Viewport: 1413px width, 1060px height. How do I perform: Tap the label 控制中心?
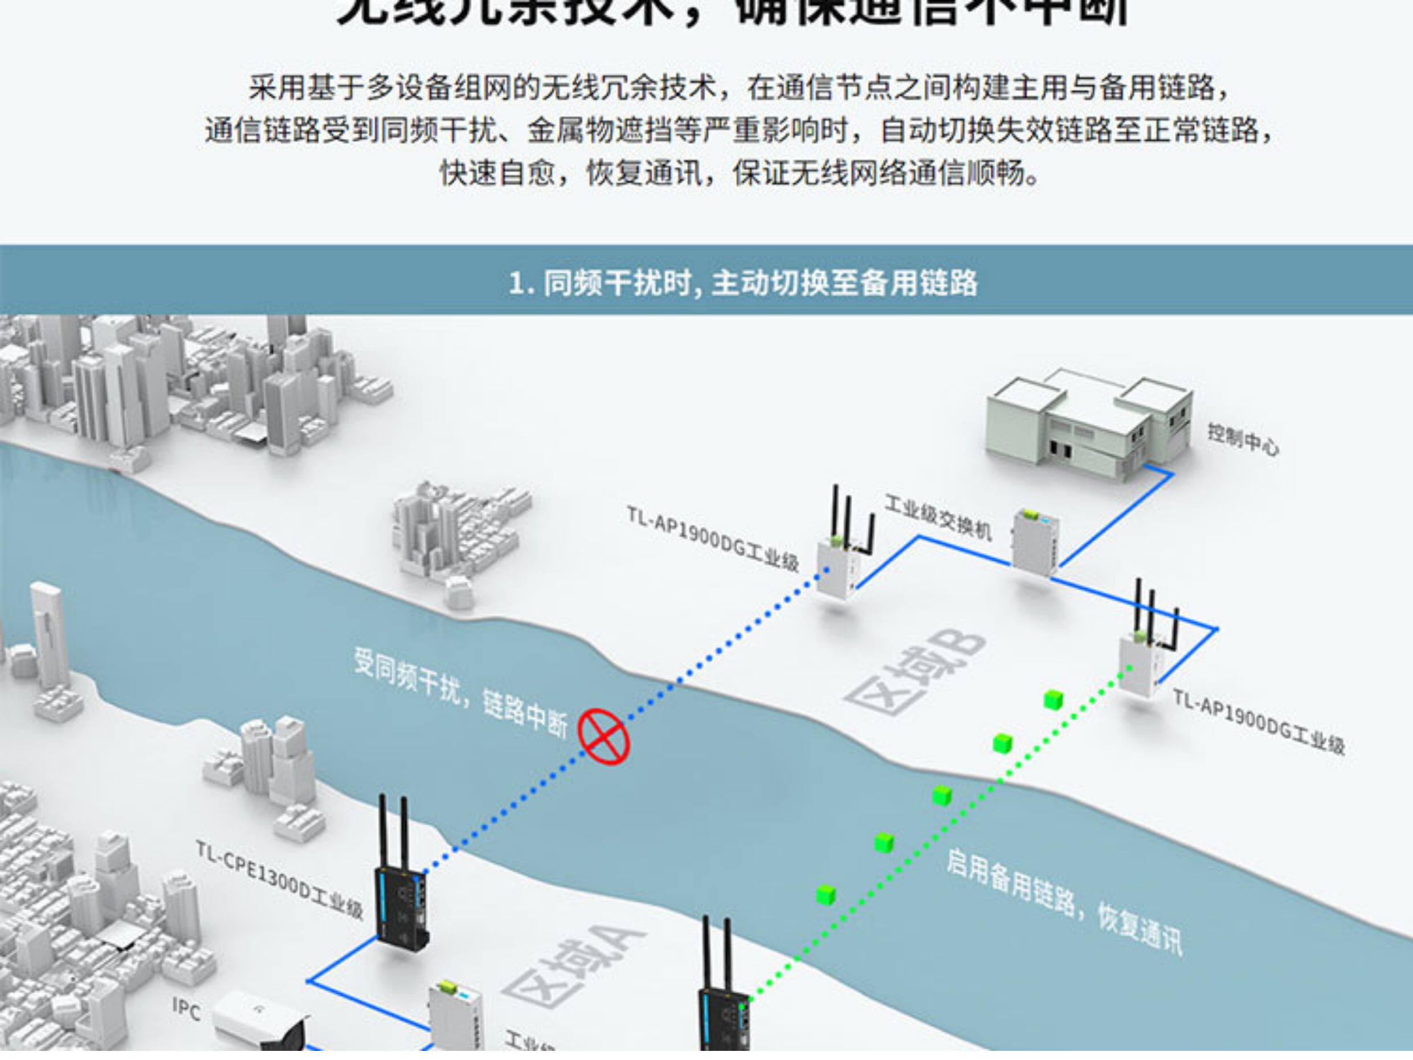[1243, 441]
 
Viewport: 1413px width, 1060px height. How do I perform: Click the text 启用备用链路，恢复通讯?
[1064, 902]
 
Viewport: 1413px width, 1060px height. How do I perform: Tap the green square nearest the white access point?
[1053, 700]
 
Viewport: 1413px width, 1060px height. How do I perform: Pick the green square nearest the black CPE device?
[826, 895]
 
